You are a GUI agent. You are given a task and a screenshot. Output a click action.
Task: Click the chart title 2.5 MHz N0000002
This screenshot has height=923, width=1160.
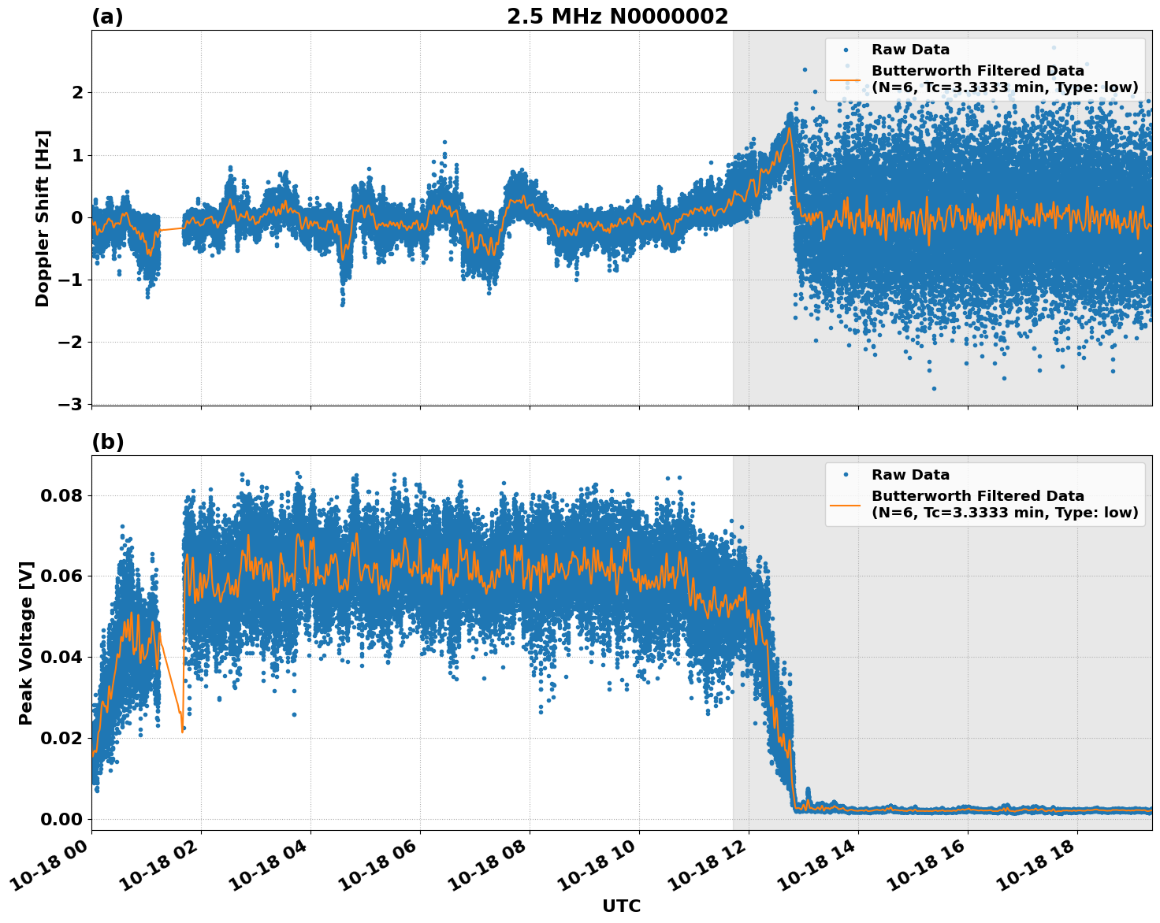pyautogui.click(x=617, y=17)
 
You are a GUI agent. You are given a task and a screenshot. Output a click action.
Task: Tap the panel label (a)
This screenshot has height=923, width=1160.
pyautogui.click(x=107, y=17)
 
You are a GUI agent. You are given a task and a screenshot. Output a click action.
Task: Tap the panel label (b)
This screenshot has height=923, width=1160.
pyautogui.click(x=107, y=442)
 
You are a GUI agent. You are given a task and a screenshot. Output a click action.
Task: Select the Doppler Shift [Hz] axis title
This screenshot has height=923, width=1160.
pyautogui.click(x=43, y=218)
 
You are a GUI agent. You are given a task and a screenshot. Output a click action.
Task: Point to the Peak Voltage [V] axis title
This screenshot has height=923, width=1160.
pyautogui.click(x=27, y=643)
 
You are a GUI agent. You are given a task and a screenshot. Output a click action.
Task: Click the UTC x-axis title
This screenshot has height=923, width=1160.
pyautogui.click(x=621, y=906)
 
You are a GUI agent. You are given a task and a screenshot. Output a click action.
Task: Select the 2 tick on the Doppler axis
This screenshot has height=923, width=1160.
pyautogui.click(x=77, y=93)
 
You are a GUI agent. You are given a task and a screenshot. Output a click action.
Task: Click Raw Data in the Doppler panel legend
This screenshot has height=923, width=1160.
pyautogui.click(x=910, y=50)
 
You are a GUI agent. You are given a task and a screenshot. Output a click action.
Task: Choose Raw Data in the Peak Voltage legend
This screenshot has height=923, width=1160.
pyautogui.click(x=910, y=475)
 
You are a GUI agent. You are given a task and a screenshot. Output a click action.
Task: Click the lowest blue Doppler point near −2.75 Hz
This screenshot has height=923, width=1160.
pyautogui.click(x=934, y=388)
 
